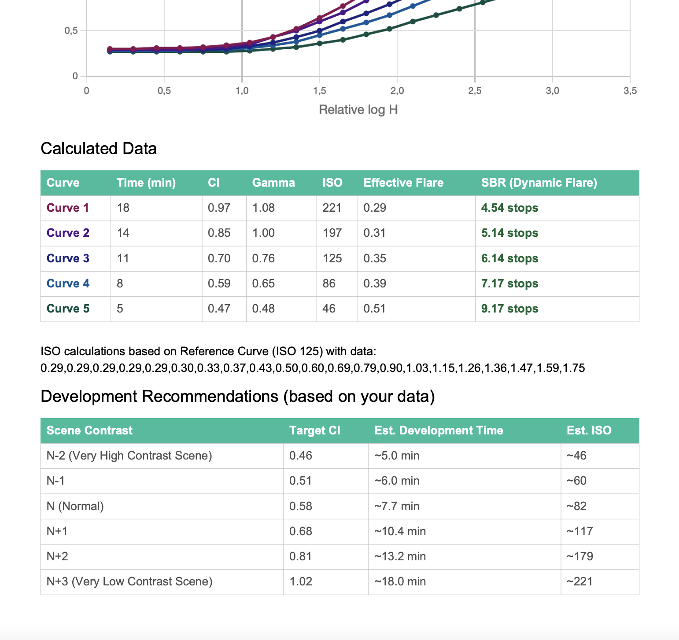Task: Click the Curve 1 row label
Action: [x=68, y=208]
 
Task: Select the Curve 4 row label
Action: [x=68, y=283]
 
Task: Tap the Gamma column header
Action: [x=273, y=183]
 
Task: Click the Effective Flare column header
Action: [x=403, y=183]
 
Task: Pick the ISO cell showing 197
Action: [x=332, y=233]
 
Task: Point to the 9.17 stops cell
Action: [x=509, y=309]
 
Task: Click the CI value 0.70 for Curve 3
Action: [x=219, y=258]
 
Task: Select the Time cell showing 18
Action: [x=123, y=208]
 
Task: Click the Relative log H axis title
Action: [x=358, y=110]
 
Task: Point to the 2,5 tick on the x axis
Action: [x=475, y=91]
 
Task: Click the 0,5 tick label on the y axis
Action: [x=71, y=31]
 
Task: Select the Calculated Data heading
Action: [x=99, y=149]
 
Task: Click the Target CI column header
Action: [x=314, y=430]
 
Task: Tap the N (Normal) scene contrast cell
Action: [x=75, y=506]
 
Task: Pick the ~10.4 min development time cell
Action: [x=400, y=531]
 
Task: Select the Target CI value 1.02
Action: [x=301, y=581]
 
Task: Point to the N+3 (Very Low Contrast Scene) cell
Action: [x=129, y=581]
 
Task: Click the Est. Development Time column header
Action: [x=439, y=430]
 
